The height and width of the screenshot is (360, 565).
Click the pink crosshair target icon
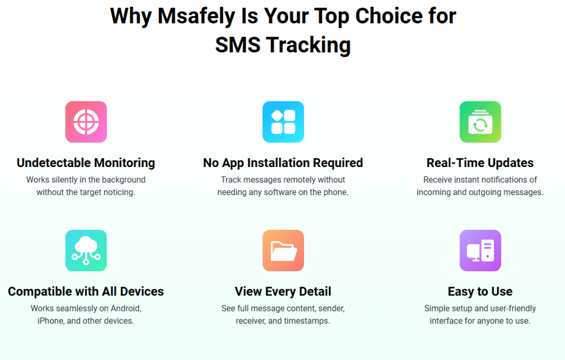pos(86,122)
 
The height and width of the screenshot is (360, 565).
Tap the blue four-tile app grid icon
pos(283,122)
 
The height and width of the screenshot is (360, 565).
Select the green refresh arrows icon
pos(480,122)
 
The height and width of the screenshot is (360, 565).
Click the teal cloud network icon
pos(86,250)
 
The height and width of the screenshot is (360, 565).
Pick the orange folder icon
pos(283,250)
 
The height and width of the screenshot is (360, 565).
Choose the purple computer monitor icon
pos(480,250)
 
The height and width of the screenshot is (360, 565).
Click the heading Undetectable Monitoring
pos(86,163)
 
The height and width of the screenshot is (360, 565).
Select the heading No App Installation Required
pos(283,163)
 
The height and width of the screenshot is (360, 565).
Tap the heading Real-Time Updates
pos(480,163)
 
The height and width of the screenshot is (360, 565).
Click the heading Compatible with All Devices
pos(86,291)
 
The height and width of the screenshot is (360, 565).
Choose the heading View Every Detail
pos(283,291)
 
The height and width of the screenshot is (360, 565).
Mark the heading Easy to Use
pos(480,291)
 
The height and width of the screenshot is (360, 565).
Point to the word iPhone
pos(51,321)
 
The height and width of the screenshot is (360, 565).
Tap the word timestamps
pos(307,321)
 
